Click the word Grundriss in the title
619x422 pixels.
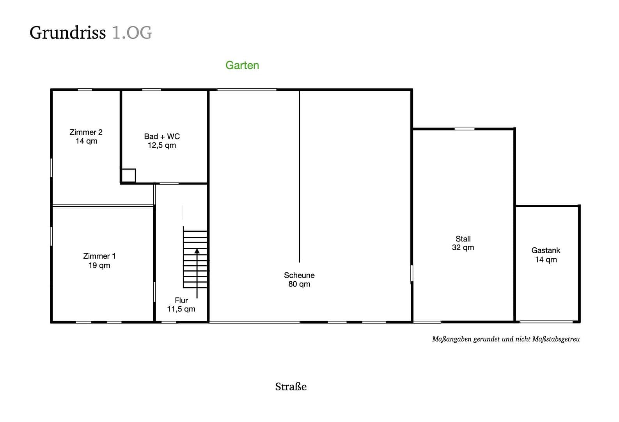[x=67, y=33]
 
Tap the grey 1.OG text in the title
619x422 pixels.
[x=131, y=33]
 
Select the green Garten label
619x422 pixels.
[x=242, y=65]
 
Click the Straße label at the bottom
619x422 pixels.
[x=291, y=387]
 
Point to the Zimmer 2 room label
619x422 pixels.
[x=86, y=132]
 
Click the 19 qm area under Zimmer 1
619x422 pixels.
[x=99, y=265]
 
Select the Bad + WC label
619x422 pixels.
[x=162, y=136]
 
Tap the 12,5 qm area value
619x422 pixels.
[x=162, y=145]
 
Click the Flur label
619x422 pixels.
[x=181, y=300]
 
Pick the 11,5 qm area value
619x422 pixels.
[x=181, y=309]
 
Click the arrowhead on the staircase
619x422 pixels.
[x=197, y=251]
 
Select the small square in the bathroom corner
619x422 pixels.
[x=128, y=175]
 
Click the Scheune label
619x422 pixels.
[x=299, y=275]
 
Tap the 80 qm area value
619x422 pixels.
[x=299, y=284]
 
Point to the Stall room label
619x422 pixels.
[x=463, y=239]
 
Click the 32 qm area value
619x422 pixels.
[x=463, y=247]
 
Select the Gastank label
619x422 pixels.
[x=546, y=250]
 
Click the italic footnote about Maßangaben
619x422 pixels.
[x=506, y=339]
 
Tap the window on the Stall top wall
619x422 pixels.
[x=464, y=129]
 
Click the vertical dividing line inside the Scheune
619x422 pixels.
[x=300, y=176]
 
